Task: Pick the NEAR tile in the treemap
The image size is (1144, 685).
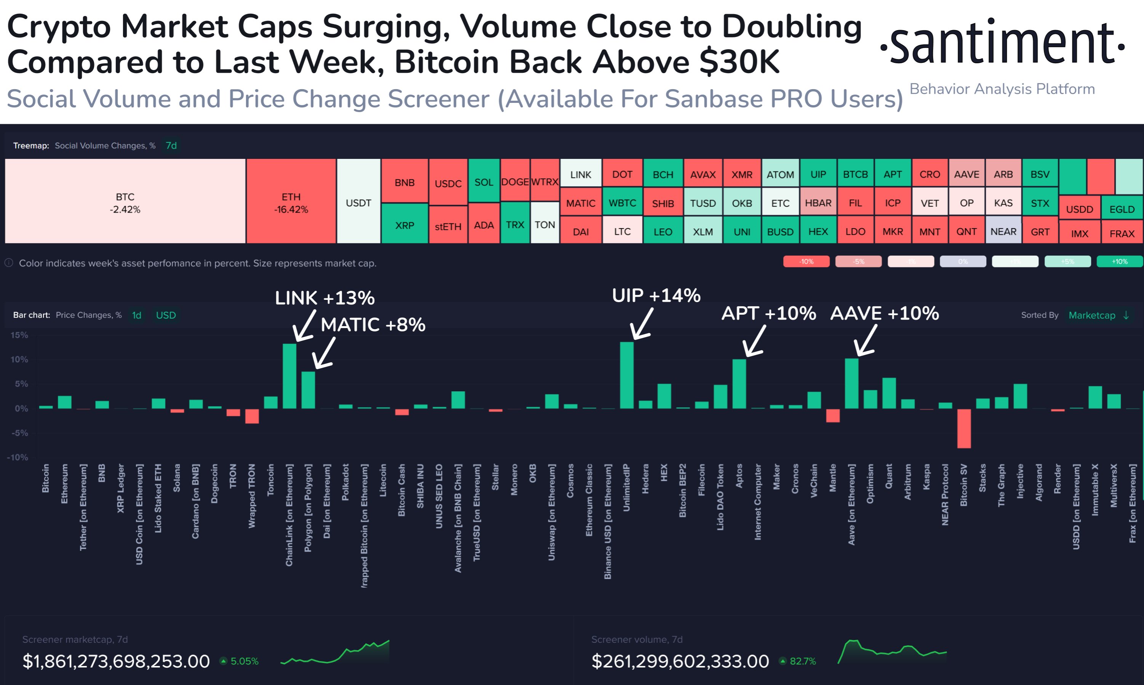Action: (x=1003, y=232)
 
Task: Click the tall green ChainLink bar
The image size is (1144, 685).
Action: (x=290, y=376)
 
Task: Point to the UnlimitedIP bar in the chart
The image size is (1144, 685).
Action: (x=626, y=375)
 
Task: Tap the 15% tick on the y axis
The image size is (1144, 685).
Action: (x=19, y=335)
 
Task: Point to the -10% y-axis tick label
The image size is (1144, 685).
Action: (x=18, y=458)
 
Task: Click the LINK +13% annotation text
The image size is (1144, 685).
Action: (x=325, y=298)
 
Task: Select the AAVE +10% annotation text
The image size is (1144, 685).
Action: (x=884, y=314)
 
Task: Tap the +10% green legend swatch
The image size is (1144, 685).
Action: (x=1119, y=262)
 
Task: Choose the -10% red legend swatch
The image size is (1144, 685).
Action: (x=806, y=262)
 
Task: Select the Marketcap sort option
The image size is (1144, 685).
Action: (x=1091, y=315)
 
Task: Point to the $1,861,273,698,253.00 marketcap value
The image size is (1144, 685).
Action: (x=116, y=661)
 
